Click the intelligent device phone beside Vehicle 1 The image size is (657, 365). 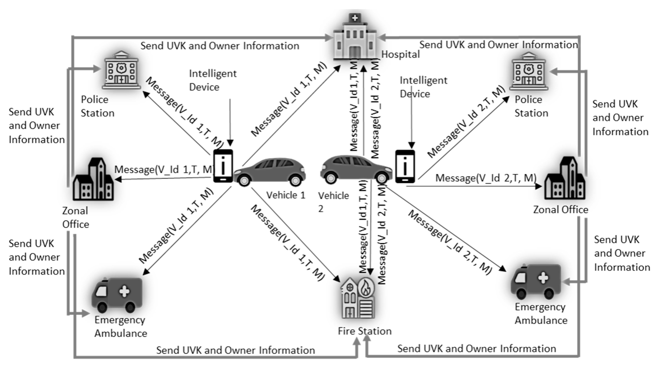223,166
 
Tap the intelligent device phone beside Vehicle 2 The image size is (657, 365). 405,166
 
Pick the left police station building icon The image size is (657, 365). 121,70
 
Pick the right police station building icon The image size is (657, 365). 528,72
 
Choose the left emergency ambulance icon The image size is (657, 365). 117,295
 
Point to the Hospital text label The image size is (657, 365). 400,54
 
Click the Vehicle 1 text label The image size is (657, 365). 286,195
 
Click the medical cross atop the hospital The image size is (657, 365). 355,18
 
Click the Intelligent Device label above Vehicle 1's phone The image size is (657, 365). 212,80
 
